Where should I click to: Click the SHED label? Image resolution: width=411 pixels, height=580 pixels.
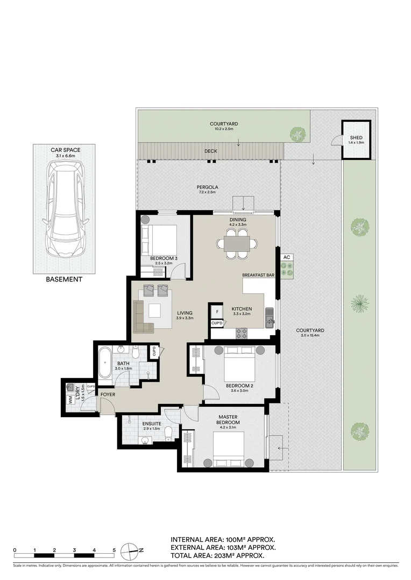click(356, 138)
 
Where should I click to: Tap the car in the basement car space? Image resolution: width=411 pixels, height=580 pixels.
click(64, 209)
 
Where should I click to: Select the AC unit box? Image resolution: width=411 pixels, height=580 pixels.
click(287, 257)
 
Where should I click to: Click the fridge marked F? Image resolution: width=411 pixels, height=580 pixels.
click(217, 311)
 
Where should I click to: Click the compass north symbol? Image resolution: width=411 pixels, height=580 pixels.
click(131, 550)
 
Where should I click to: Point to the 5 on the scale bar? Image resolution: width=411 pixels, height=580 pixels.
click(114, 550)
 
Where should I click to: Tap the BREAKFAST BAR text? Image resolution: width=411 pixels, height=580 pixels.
click(258, 274)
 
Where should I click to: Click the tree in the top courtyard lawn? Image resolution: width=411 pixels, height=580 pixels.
click(296, 134)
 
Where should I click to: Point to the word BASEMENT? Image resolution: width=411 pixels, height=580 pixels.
click(64, 279)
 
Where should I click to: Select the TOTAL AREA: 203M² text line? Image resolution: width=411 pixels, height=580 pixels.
click(217, 556)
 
